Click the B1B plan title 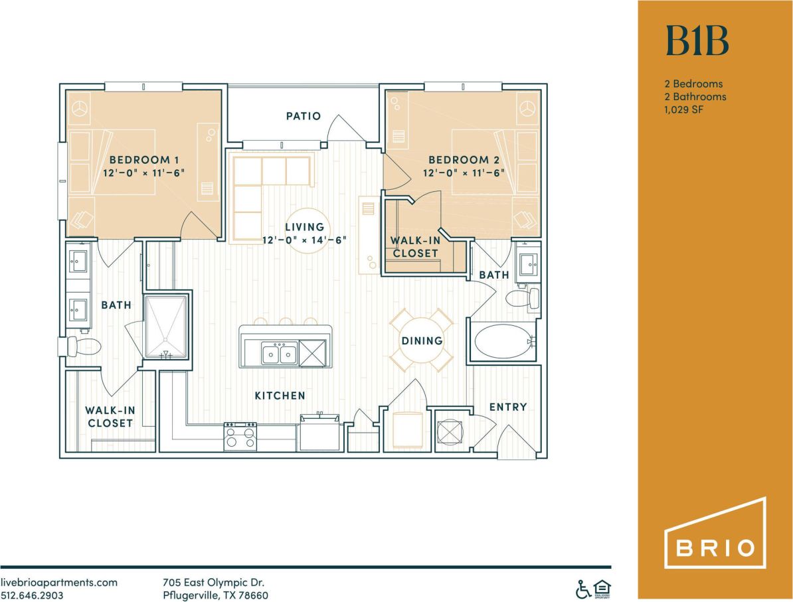697,41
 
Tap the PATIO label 304,116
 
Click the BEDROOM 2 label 464,160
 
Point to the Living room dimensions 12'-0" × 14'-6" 305,240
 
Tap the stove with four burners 240,436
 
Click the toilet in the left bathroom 83,346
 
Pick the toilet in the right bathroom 523,298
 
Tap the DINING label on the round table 422,340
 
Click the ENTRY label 508,407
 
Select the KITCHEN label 280,396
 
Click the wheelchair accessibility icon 582,588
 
